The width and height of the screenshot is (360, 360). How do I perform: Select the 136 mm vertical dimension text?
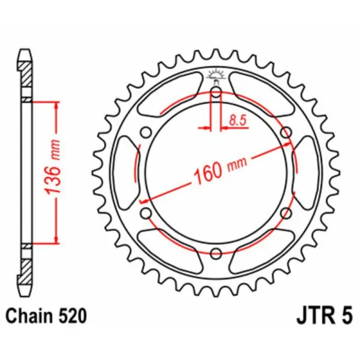pyautogui.click(x=53, y=173)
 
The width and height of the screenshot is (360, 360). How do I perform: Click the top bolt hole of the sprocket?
pyautogui.click(x=216, y=92)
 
